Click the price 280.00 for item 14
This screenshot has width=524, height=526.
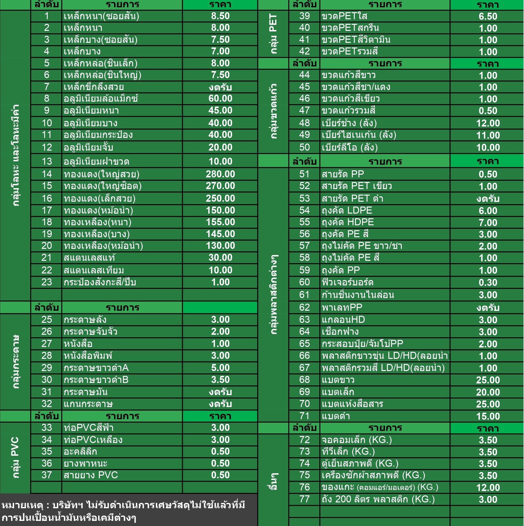(x=220, y=174)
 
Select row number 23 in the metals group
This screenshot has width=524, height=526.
(x=47, y=282)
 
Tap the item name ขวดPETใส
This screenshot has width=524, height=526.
(x=345, y=16)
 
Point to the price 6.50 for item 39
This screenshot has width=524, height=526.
(x=488, y=16)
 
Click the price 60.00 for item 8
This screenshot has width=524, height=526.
(x=220, y=98)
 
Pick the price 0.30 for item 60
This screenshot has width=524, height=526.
(x=488, y=283)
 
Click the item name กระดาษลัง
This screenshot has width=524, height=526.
(x=85, y=320)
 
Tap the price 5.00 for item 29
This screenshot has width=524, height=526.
(x=220, y=368)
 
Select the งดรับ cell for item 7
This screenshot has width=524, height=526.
(x=220, y=87)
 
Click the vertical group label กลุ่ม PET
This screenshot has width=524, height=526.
(x=273, y=34)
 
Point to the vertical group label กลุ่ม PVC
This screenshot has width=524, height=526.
(x=15, y=457)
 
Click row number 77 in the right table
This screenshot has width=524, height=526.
(x=304, y=499)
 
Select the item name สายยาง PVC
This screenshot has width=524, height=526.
(x=91, y=475)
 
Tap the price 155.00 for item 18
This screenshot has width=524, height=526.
(x=220, y=222)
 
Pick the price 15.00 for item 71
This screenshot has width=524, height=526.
(x=488, y=416)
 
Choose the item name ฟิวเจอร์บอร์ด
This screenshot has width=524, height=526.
(x=347, y=282)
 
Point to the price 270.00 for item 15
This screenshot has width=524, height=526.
(x=220, y=186)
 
